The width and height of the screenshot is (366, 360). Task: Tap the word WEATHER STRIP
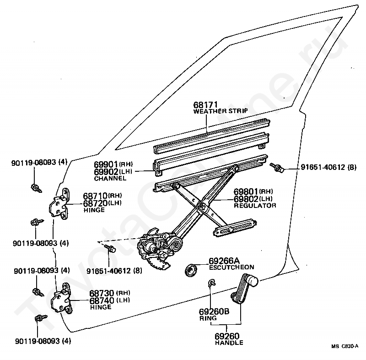click(221, 111)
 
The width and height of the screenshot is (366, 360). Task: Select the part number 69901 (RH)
click(113, 164)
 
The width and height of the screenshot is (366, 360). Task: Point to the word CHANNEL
click(110, 179)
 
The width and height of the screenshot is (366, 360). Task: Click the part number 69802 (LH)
click(253, 199)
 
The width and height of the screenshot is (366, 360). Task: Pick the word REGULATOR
click(255, 206)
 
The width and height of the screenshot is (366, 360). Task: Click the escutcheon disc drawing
click(191, 270)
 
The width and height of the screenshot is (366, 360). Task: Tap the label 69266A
click(224, 261)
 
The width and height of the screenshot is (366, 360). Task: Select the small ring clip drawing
click(211, 283)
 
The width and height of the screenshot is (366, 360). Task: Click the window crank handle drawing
click(244, 289)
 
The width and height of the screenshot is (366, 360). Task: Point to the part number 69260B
click(214, 311)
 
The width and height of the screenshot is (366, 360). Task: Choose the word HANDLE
click(229, 343)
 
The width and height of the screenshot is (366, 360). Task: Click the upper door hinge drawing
click(59, 204)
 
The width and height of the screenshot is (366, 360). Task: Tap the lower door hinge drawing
click(61, 298)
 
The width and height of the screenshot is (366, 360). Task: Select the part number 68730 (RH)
click(110, 293)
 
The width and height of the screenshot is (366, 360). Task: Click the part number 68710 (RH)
click(102, 196)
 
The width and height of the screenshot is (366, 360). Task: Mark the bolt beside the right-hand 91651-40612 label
click(277, 168)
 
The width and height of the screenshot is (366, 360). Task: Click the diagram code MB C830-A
click(344, 346)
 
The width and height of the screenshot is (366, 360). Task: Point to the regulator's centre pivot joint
click(203, 207)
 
